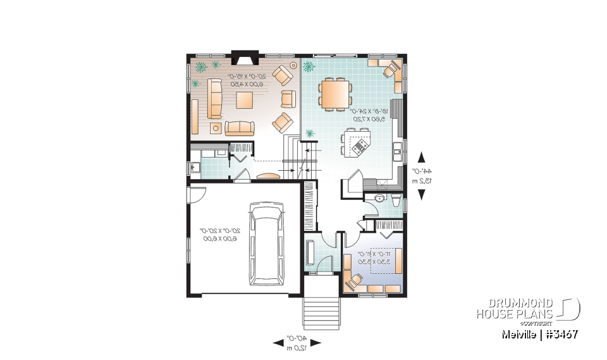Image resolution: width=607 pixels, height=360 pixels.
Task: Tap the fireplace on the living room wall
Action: pos(242,58)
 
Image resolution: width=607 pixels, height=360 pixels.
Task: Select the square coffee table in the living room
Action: pos(245,100)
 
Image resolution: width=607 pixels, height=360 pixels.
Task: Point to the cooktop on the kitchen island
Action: pos(359,147)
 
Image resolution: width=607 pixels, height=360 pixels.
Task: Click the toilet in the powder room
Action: pos(395,201)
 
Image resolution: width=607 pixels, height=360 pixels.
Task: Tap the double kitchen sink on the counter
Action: pos(397,150)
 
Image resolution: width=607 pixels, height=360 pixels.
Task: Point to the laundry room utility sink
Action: pos(193,168)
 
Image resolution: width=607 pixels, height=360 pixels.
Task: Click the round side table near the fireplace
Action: pos(293,65)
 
